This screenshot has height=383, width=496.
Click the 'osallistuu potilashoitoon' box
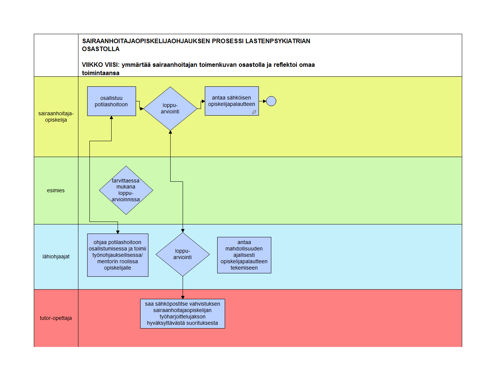click(x=111, y=101)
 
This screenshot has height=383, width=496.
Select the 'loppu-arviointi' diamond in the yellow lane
click(x=170, y=109)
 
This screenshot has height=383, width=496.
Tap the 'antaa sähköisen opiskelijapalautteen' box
click(x=232, y=101)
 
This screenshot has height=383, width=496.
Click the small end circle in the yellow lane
click(x=271, y=101)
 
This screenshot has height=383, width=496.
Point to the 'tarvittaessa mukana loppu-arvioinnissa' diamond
click(x=126, y=190)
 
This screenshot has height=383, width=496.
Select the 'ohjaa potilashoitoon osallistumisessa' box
click(x=118, y=255)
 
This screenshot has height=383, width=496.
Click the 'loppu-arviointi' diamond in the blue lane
click(x=183, y=254)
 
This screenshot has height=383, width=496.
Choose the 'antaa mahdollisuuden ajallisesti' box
click(x=244, y=255)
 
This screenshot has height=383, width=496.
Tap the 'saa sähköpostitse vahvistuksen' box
click(x=183, y=314)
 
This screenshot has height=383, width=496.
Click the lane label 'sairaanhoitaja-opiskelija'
click(x=56, y=116)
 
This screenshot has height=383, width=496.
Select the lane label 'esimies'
click(x=56, y=190)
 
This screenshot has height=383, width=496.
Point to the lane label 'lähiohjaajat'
click(x=56, y=256)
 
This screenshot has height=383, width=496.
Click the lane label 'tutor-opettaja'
click(x=56, y=318)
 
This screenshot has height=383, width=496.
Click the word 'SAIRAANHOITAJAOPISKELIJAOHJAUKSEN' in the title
click(x=146, y=41)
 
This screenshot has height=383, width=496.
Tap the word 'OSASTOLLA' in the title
click(x=101, y=49)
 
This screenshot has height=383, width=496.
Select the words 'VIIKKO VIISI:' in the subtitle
click(x=101, y=65)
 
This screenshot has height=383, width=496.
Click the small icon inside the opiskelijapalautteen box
click(x=254, y=112)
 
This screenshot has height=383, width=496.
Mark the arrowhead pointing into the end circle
click(x=265, y=101)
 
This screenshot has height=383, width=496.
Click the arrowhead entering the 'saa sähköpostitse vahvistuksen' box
click(x=183, y=297)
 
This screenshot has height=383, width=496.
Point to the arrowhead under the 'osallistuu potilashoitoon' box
click(x=111, y=118)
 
